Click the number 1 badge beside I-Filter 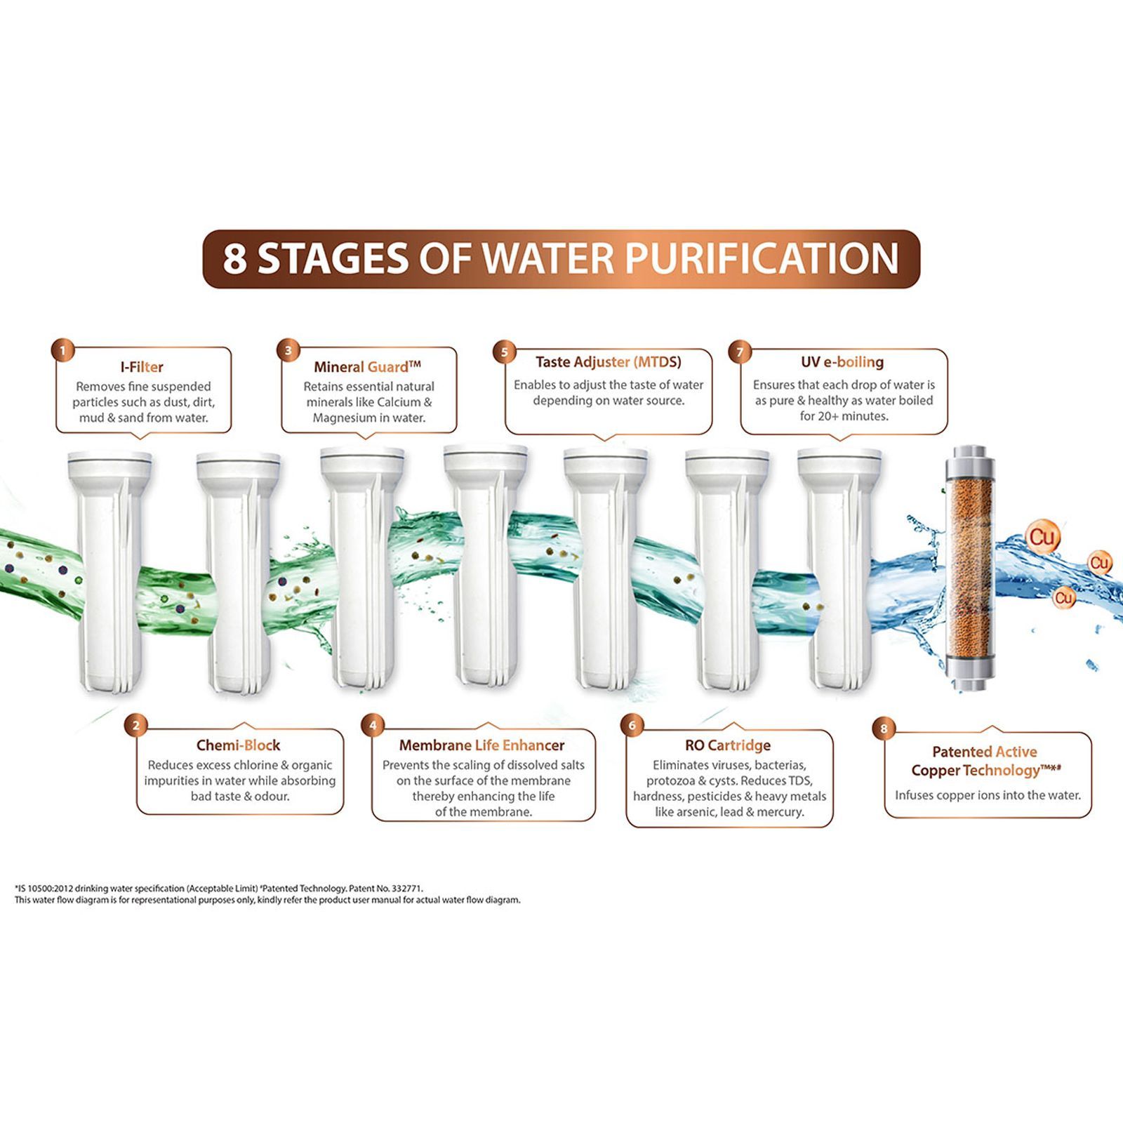62,350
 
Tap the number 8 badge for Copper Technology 884,729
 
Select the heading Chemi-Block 238,745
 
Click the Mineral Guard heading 367,366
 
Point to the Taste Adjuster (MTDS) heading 608,362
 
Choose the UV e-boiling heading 842,362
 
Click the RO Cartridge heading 728,745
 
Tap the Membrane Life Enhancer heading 481,745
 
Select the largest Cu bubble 1042,538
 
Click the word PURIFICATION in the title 762,258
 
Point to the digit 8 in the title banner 235,258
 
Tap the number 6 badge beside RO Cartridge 632,725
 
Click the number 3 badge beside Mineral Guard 288,350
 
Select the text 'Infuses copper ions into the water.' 988,795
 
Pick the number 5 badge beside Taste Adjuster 504,352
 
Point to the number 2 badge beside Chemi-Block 136,726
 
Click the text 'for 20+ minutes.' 844,416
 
